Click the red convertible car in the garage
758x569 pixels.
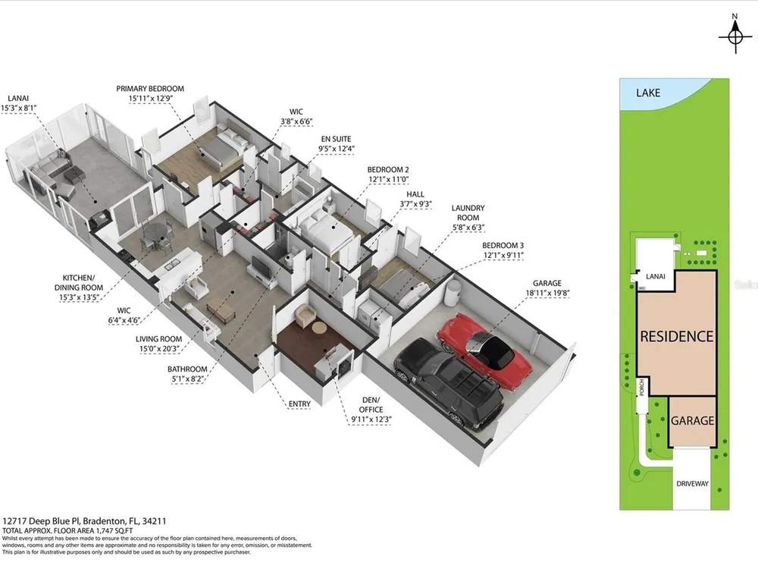point(485,349)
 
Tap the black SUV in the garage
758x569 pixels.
point(449,383)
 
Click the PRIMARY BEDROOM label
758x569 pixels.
point(150,89)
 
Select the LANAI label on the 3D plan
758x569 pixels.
point(18,98)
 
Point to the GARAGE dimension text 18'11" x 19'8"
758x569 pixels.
point(547,293)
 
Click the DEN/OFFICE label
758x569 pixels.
point(371,404)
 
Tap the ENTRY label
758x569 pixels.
point(299,404)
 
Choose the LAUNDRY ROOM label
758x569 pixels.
point(468,213)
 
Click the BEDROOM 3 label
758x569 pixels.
point(503,245)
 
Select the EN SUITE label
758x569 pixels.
point(336,139)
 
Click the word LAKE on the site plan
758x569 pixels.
point(648,93)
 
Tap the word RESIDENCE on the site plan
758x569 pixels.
point(676,337)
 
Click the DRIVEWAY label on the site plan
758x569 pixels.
point(692,483)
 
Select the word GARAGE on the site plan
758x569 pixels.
point(692,421)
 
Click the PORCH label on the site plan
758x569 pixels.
point(641,387)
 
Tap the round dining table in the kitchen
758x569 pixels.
point(155,233)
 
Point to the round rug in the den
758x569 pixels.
point(319,328)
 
